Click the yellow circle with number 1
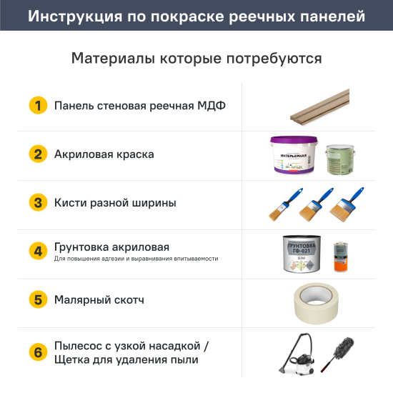[x=38, y=106]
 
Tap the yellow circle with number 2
[x=38, y=154]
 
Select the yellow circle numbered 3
[x=38, y=203]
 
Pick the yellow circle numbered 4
[x=38, y=252]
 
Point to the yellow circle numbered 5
[x=38, y=299]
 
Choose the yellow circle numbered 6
[x=38, y=352]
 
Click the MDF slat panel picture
[x=320, y=107]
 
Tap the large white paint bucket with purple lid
[x=292, y=155]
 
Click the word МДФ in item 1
[x=211, y=106]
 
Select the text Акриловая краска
[x=104, y=154]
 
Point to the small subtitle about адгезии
[x=136, y=259]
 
